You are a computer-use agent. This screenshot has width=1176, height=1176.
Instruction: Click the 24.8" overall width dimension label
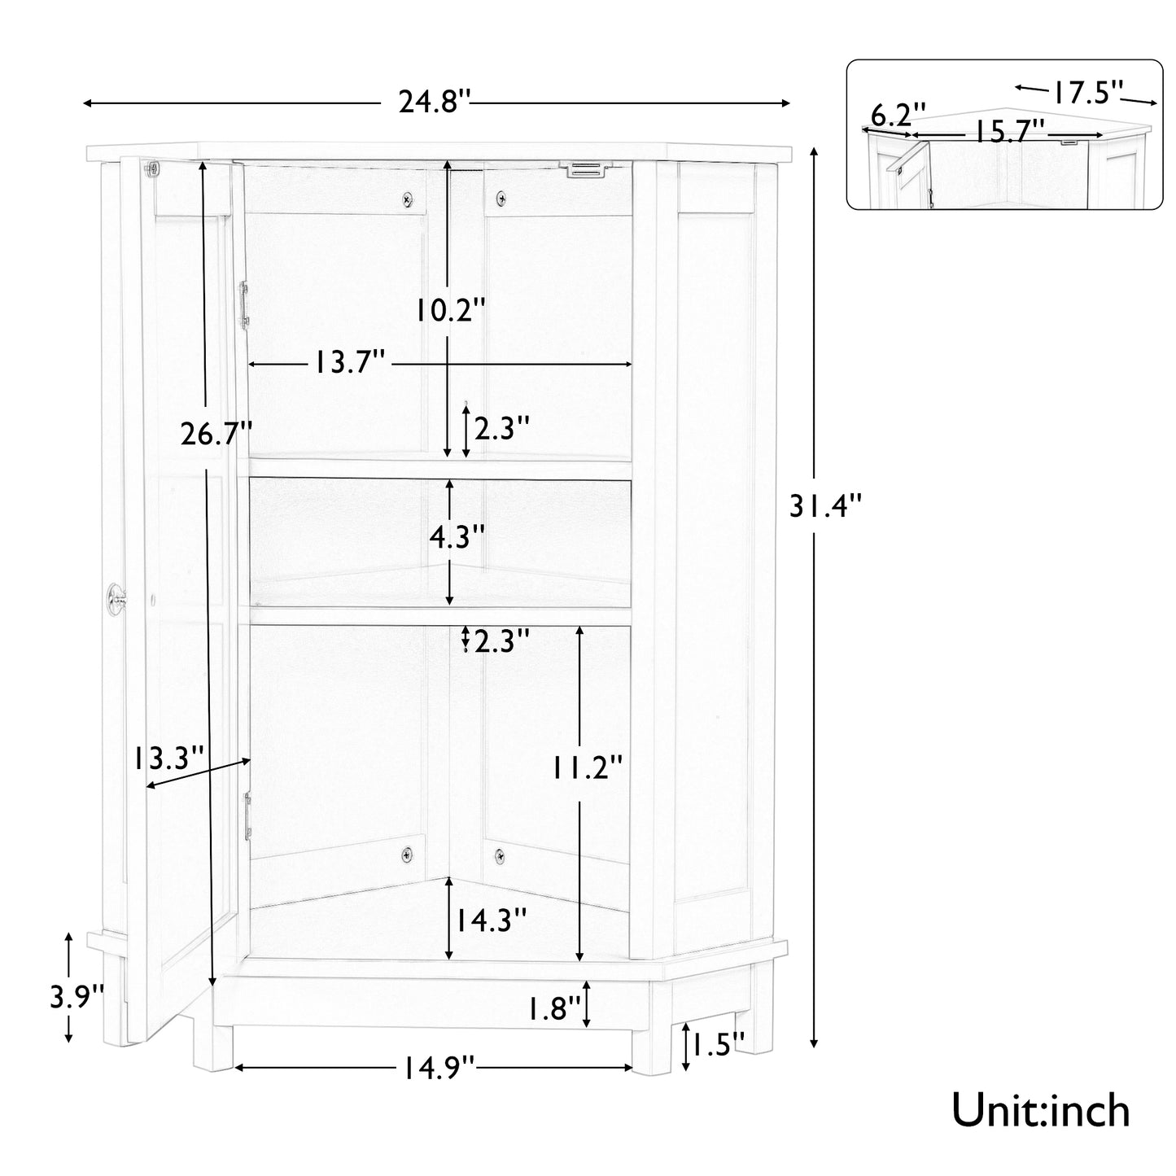pos(435,103)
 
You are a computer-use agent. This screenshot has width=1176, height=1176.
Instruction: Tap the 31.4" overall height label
pos(824,508)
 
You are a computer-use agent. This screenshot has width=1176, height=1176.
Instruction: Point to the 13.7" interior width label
pos(350,363)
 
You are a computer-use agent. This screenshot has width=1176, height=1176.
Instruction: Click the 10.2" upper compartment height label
pos(451,309)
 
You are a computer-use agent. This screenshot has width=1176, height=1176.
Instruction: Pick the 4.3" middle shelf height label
pos(457,537)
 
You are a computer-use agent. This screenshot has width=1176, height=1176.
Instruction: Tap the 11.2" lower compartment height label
pos(588,767)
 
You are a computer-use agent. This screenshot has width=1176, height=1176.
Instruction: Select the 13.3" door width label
pos(168,758)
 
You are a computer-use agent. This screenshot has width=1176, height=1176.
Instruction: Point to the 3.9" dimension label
pos(77,997)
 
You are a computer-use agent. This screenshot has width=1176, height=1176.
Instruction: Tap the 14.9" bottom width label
pos(436,1066)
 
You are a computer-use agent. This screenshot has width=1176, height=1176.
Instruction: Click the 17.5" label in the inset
pos(1086,91)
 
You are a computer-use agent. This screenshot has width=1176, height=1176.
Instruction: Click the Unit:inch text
pos(1041,1111)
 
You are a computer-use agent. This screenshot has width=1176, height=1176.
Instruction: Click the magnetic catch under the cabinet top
pos(588,169)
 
